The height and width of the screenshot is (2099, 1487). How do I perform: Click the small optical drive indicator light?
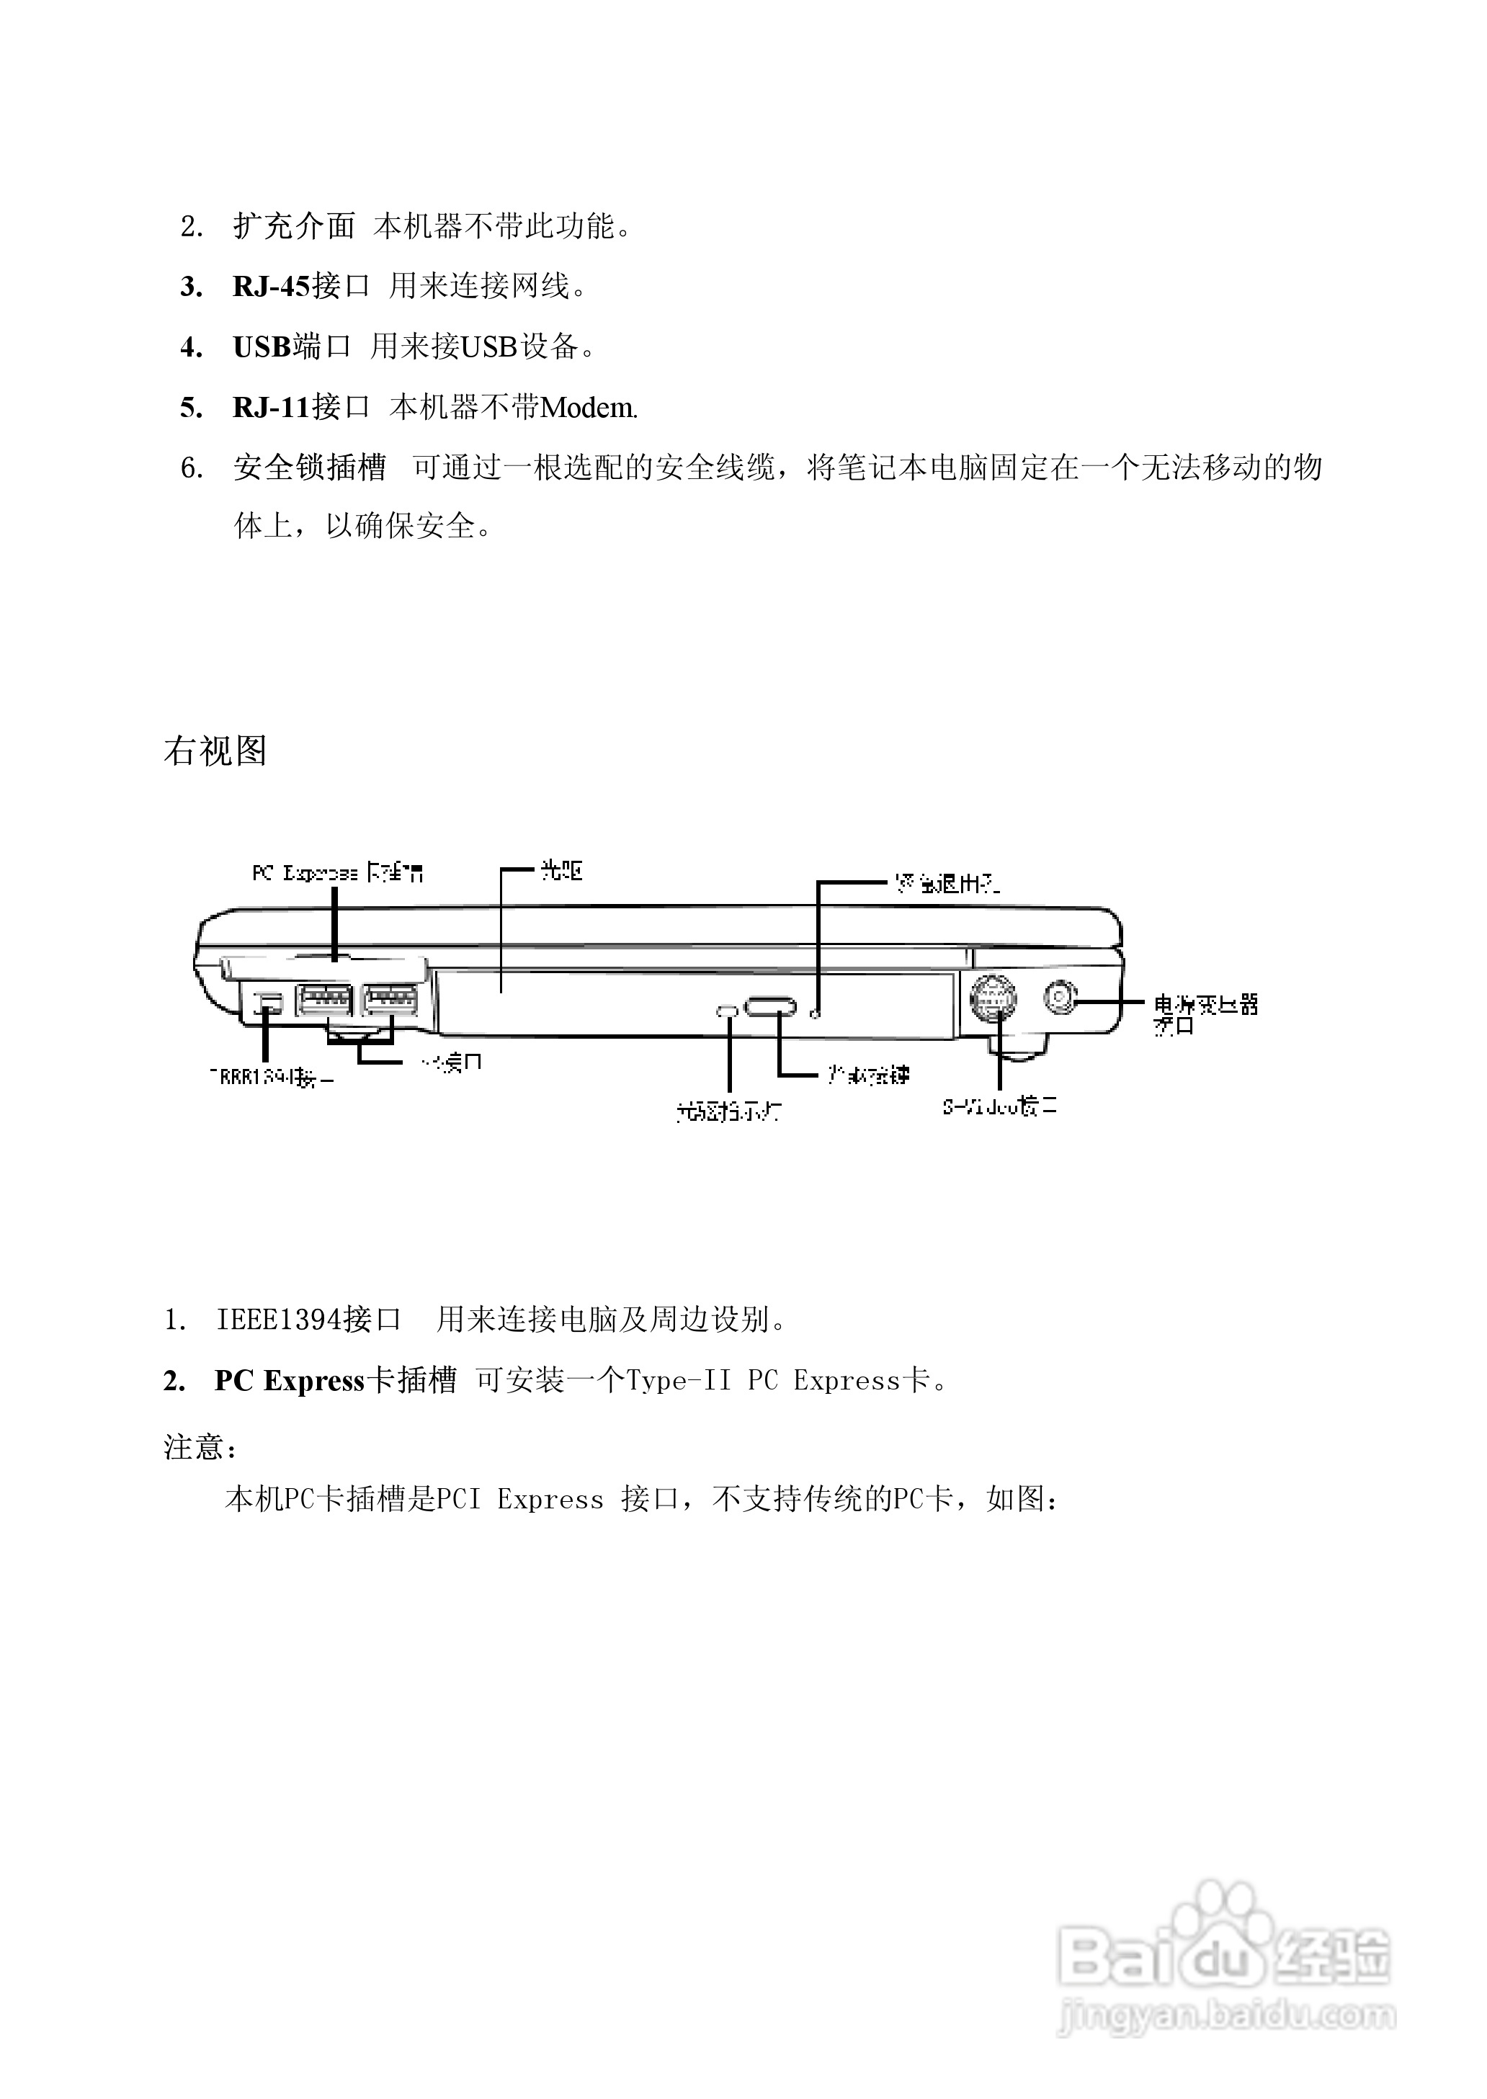click(727, 1011)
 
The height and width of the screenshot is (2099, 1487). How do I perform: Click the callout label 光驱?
click(561, 871)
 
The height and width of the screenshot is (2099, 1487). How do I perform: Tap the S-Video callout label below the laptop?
click(1000, 1106)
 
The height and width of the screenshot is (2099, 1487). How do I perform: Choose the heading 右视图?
click(215, 751)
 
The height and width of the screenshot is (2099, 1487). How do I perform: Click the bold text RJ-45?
click(272, 287)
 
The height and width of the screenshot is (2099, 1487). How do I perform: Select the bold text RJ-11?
click(272, 408)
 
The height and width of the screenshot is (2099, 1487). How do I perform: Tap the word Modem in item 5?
click(587, 408)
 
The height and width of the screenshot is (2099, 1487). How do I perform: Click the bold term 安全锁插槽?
click(310, 467)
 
